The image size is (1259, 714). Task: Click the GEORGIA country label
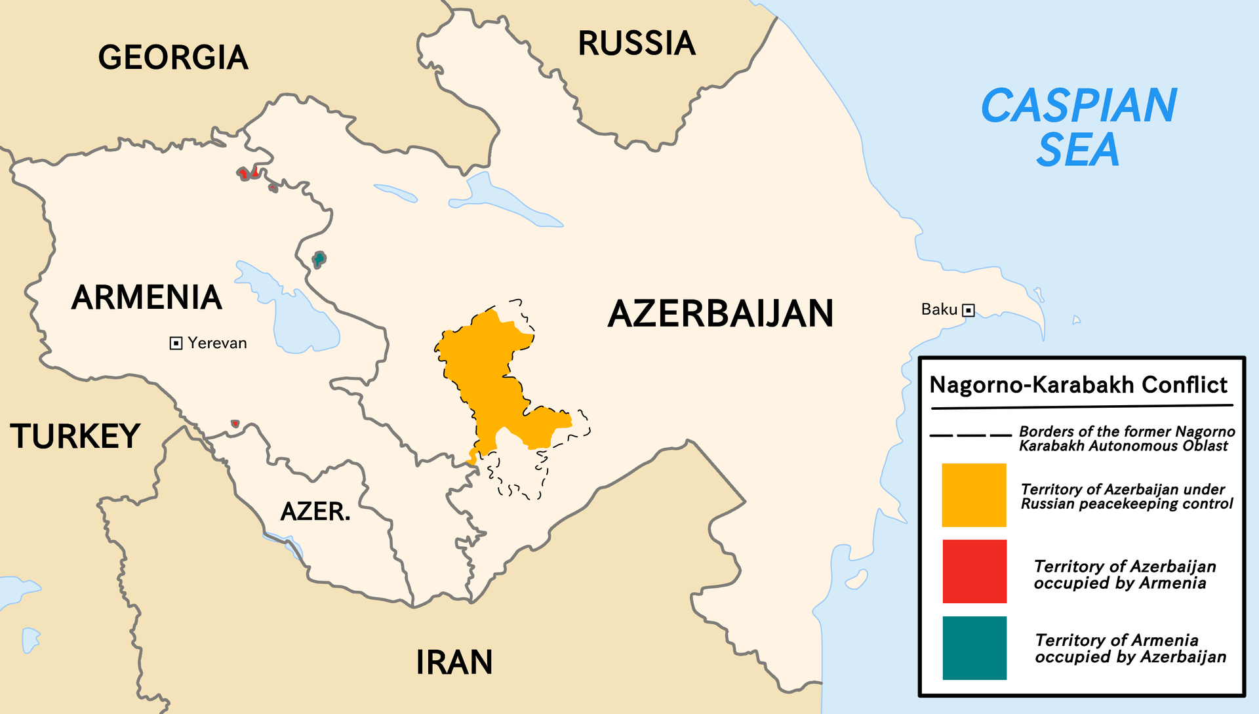coord(173,58)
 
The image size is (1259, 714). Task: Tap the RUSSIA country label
coord(636,44)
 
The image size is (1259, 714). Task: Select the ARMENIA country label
coord(147,298)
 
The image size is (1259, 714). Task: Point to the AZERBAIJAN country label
coord(720,313)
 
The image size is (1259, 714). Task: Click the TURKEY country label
coord(75,437)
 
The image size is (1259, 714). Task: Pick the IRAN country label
coord(454,662)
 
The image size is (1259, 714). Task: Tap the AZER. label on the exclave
coord(315,511)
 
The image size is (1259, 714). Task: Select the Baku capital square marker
coord(969,310)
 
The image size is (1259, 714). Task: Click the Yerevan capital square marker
coord(176,344)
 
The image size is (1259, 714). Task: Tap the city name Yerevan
coord(217,343)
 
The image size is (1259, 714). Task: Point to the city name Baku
coord(939,309)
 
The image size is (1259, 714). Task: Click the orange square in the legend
coord(974,495)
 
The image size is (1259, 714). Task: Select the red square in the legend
coord(974,571)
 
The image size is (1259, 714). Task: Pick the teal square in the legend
coord(974,648)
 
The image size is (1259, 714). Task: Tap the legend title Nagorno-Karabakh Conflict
coord(1078,385)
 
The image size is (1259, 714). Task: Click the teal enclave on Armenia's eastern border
coord(319,260)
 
